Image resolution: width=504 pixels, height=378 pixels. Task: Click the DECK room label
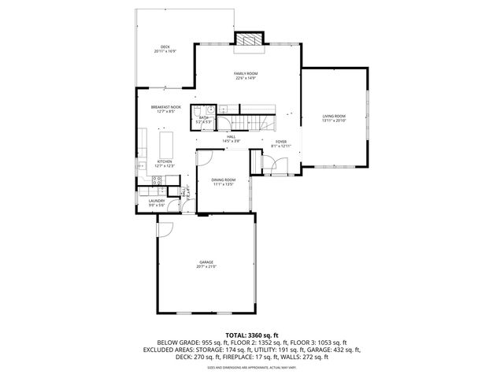(x=165, y=47)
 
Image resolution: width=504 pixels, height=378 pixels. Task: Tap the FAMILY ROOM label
(x=246, y=73)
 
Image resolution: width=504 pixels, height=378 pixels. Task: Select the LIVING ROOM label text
(x=334, y=116)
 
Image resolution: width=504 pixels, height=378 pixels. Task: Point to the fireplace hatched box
(x=249, y=40)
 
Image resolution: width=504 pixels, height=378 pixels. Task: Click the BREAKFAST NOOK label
(x=166, y=107)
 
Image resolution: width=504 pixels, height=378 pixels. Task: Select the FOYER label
(x=280, y=143)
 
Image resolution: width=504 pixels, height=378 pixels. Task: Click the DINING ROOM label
(x=224, y=180)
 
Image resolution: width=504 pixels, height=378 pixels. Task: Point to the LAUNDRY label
(x=157, y=201)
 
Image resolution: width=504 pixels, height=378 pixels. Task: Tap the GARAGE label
(x=206, y=262)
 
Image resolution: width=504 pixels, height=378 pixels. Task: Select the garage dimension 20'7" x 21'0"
(x=206, y=267)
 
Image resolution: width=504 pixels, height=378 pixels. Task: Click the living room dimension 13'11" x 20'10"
(x=334, y=120)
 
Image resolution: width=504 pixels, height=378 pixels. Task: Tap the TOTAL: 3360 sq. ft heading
(x=252, y=335)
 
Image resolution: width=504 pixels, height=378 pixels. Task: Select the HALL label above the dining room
(x=232, y=136)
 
